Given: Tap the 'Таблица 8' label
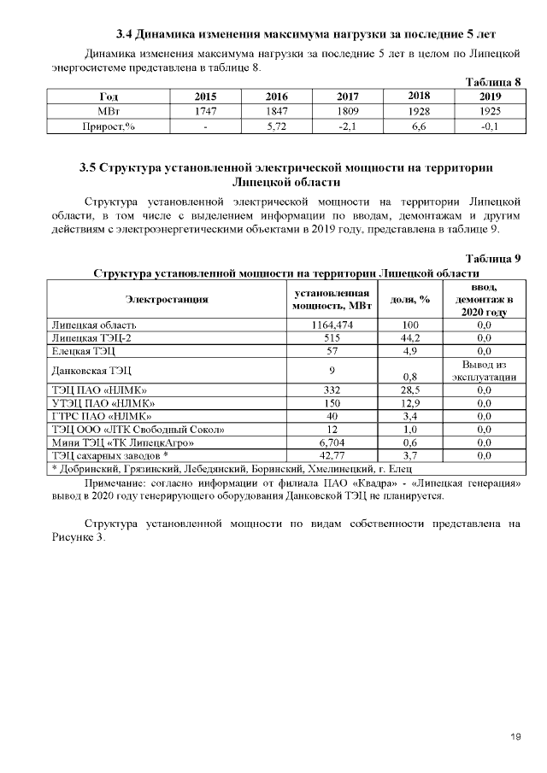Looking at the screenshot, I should click(493, 82).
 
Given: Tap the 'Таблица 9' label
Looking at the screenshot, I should click(493, 258).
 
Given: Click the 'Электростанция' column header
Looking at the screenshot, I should click(168, 299).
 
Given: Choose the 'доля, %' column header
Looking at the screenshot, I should click(409, 299).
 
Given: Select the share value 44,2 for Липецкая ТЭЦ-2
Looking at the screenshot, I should click(409, 338).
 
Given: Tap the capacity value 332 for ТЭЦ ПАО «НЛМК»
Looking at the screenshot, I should click(332, 389).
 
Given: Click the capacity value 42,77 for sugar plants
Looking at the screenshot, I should click(332, 456).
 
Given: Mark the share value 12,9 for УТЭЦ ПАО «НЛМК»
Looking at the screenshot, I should click(409, 402).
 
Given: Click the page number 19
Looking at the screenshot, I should click(515, 736).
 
